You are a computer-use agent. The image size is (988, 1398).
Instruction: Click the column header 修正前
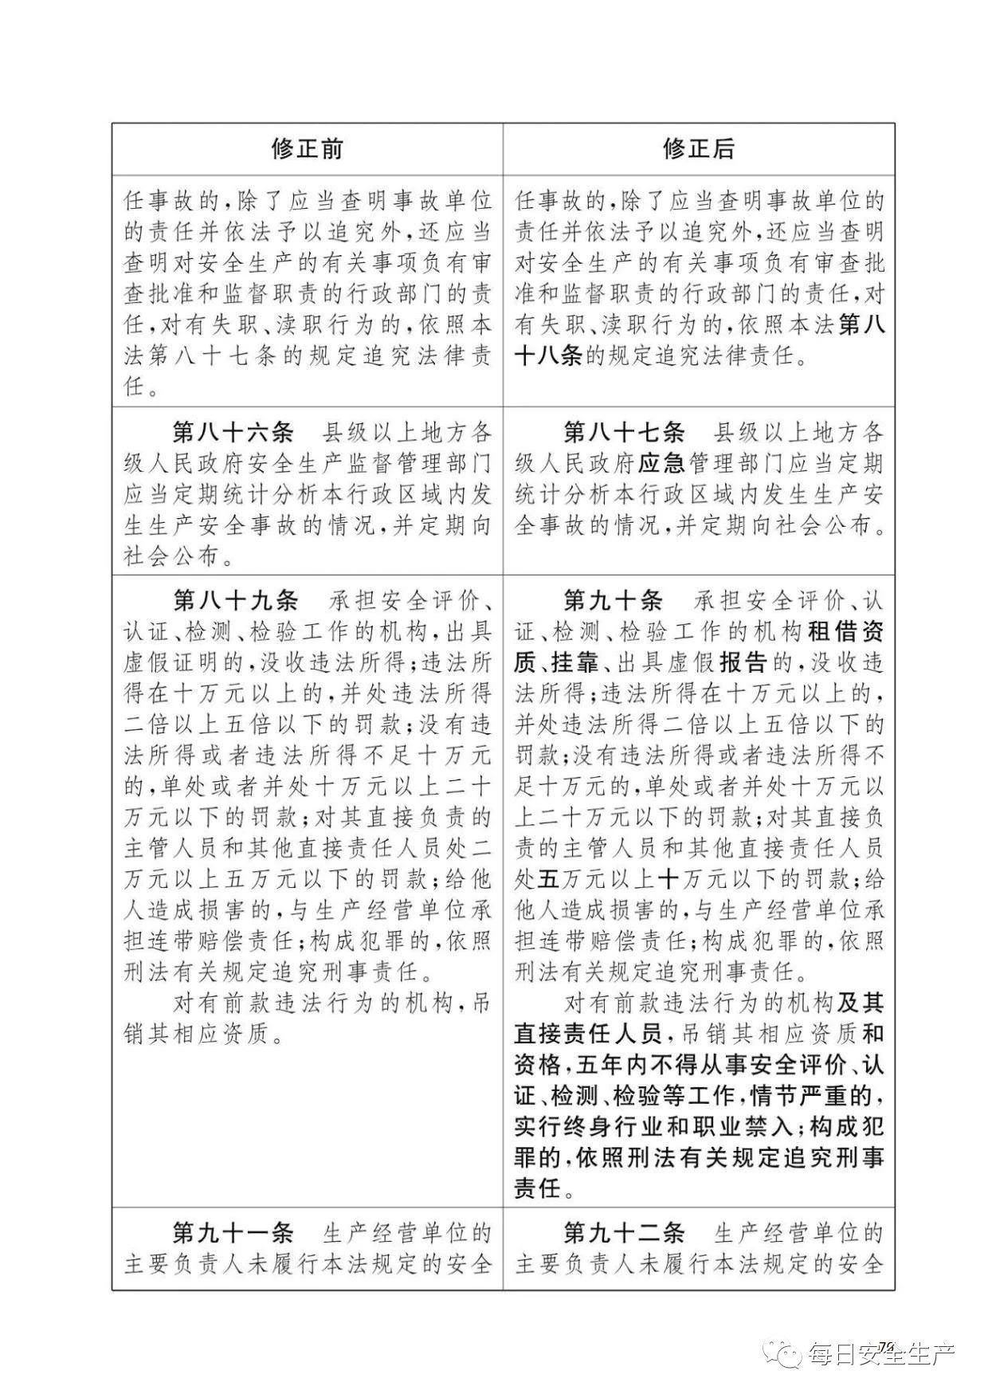coord(308,149)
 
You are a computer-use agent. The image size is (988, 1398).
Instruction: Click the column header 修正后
coord(699,149)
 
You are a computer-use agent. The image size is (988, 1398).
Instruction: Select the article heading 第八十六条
coord(233,433)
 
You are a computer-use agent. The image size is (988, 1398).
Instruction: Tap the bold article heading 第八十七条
coord(624,433)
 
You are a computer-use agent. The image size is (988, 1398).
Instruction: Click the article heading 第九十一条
coord(233,1234)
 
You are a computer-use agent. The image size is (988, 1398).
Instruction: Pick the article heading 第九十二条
coord(624,1234)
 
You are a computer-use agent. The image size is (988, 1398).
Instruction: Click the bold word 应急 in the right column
coord(662,464)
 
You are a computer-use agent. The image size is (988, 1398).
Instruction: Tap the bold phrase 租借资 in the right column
coord(845,631)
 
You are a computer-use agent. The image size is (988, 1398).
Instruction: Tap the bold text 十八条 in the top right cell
coord(549,356)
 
